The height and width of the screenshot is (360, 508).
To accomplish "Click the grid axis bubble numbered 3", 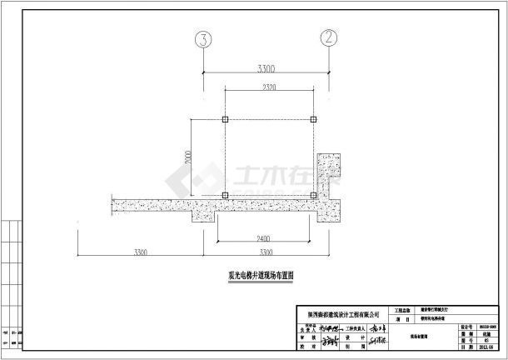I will coord(201,37).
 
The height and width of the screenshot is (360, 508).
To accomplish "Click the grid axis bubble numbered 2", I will coord(331,37).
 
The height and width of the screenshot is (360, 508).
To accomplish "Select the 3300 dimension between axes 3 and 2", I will coord(266,66).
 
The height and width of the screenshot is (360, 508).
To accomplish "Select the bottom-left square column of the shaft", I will coord(226,196).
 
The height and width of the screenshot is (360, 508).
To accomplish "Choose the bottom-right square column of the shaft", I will coord(313,196).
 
